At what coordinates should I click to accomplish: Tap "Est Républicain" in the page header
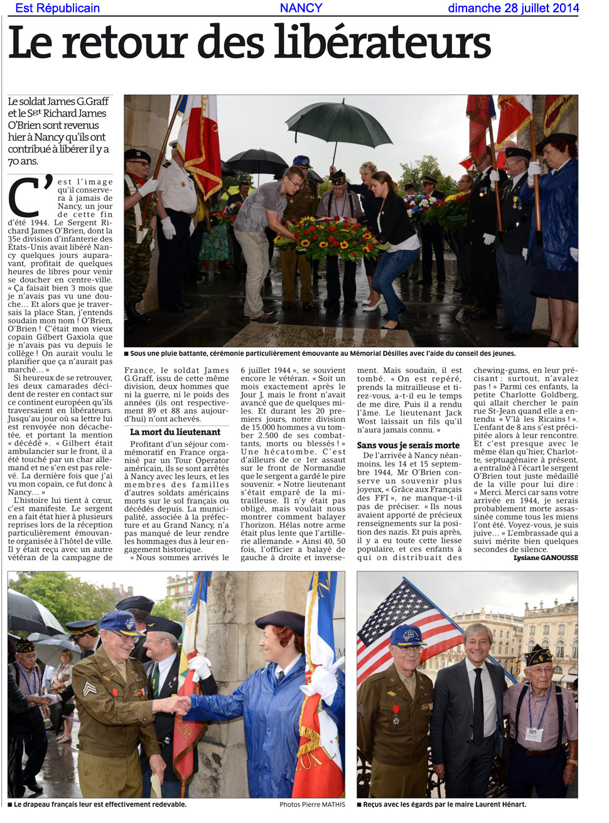pos(57,8)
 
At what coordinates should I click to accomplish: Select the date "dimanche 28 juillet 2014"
pos(513,8)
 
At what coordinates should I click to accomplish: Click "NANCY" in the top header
pos(301,8)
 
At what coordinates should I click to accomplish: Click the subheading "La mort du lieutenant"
pos(175,432)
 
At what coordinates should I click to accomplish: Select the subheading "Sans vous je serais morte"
pos(408,445)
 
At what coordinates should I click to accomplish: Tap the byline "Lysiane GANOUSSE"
pos(545,557)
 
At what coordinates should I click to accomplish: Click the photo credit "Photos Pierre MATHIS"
pos(312,804)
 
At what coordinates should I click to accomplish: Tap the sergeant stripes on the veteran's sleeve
pos(90,689)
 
